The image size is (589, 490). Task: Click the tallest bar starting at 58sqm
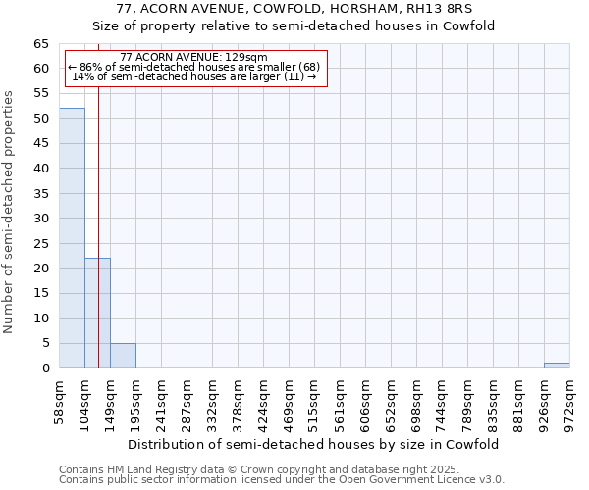click(x=72, y=238)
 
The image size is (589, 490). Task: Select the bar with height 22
click(x=97, y=314)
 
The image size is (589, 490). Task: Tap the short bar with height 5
click(x=123, y=356)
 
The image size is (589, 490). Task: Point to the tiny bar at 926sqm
click(x=557, y=366)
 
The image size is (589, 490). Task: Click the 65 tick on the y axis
click(x=41, y=44)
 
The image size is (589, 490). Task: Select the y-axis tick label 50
click(x=41, y=119)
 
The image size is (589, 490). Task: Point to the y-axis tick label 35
click(x=41, y=193)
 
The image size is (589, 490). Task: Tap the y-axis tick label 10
click(x=41, y=318)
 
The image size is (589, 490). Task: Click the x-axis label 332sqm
click(x=213, y=402)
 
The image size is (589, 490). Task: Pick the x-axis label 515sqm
click(x=315, y=402)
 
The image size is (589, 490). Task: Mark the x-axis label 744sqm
click(x=443, y=402)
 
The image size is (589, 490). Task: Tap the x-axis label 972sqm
click(x=570, y=402)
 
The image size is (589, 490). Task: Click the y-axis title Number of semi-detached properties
click(x=9, y=211)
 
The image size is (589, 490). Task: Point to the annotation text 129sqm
click(x=192, y=58)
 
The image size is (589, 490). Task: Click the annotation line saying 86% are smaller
click(x=193, y=67)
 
